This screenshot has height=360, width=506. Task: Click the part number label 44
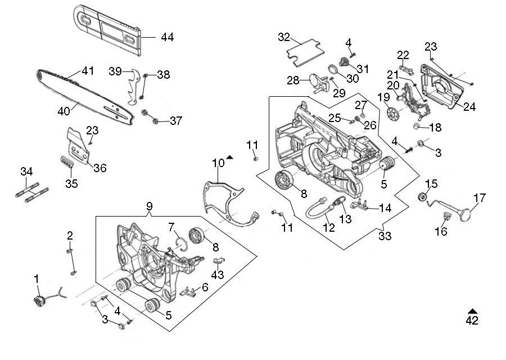point(167,37)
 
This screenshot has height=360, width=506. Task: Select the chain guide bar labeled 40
point(84,96)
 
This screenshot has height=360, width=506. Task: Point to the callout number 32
point(284,37)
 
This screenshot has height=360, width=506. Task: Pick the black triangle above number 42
point(472,310)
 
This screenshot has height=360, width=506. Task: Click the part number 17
point(479,198)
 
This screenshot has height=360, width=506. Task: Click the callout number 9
point(149,206)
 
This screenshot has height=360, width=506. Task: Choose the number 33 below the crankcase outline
point(385,237)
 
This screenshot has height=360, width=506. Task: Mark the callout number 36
point(100,168)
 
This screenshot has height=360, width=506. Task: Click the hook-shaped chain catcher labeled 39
point(131,87)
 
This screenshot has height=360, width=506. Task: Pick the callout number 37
point(176,120)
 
